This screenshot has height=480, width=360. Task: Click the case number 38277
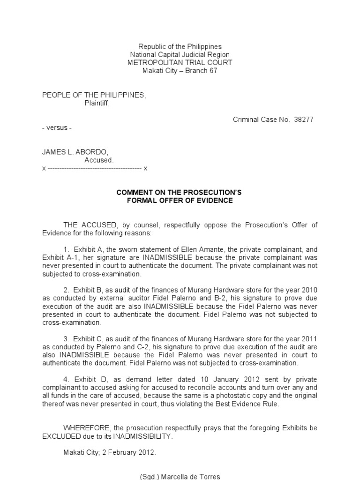pos(304,120)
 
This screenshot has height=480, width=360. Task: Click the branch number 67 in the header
pos(213,71)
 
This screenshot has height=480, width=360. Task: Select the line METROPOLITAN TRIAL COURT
pos(180,63)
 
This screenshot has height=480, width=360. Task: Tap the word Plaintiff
pos(97,103)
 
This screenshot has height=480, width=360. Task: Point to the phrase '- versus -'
pos(57,128)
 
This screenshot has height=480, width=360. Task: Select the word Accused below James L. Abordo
pos(99,160)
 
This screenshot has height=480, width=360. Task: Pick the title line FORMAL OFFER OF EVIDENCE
pos(180,201)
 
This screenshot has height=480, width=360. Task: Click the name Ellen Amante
pos(188,250)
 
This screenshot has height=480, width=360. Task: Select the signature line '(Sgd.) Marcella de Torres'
pos(180,476)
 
